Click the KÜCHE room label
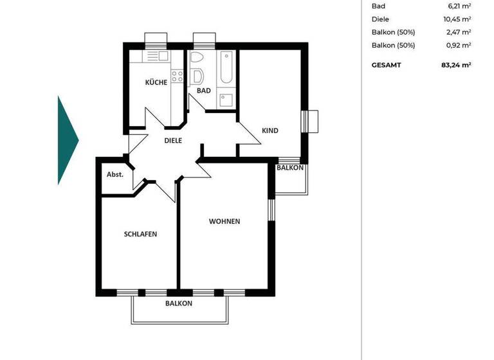156,82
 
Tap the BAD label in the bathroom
203,91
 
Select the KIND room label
270,130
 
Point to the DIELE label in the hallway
173,140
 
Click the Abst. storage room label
114,174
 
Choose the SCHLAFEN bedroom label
140,234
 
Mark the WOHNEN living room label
224,221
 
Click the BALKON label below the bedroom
178,303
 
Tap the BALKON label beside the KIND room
289,168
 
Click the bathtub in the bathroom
226,68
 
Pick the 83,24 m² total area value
456,65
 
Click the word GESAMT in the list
387,65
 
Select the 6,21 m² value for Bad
459,6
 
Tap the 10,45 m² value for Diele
458,19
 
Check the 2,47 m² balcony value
459,32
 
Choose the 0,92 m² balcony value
459,45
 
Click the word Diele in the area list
380,19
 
